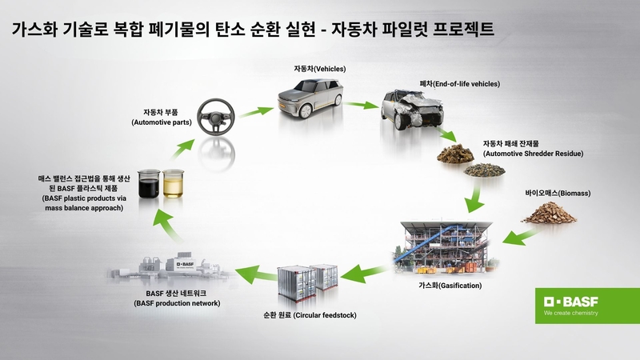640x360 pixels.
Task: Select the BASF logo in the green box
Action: pyautogui.click(x=570, y=302)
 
